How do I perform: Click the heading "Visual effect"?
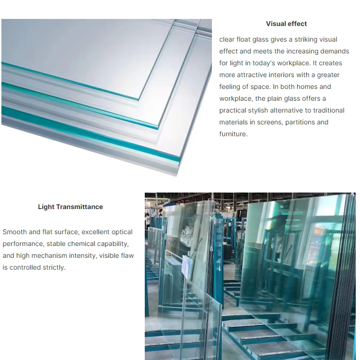(x=286, y=24)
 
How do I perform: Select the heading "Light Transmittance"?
(x=70, y=207)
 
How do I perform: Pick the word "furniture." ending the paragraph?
(x=233, y=134)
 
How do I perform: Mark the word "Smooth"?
(x=15, y=232)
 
